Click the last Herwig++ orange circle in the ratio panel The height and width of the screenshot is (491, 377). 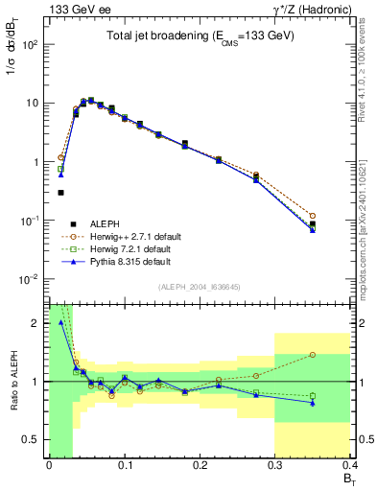point(340,355)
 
